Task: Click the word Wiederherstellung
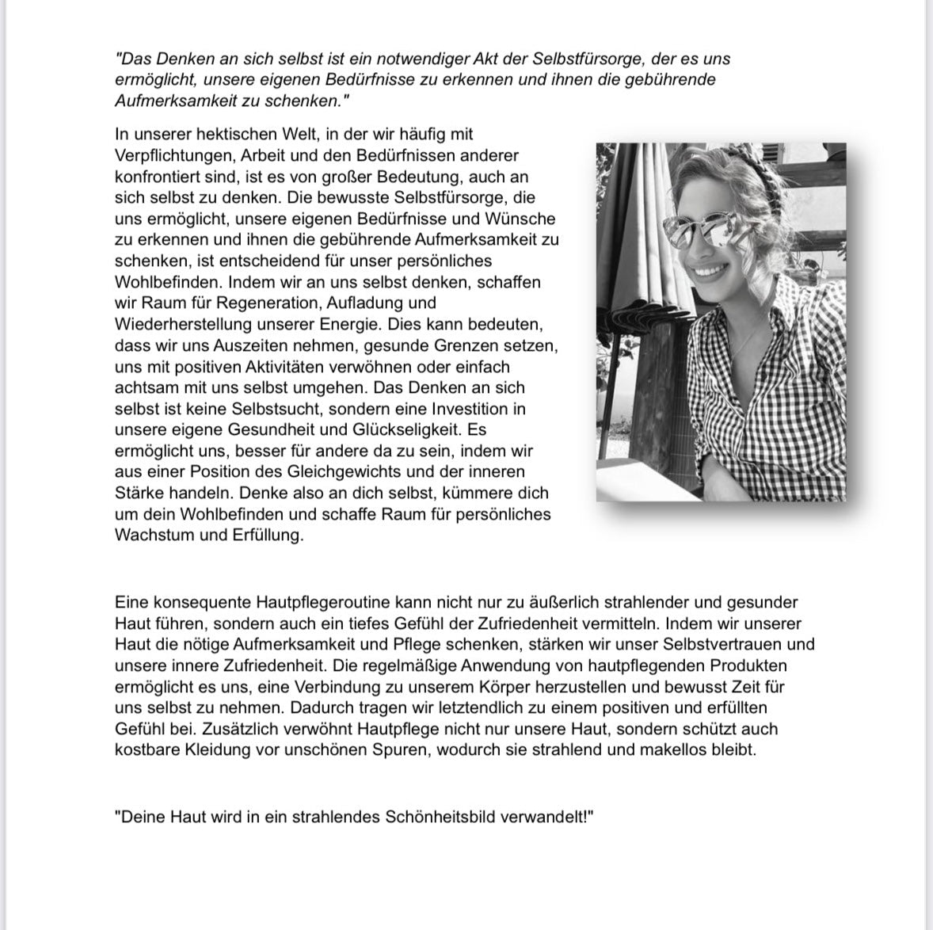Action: (x=183, y=324)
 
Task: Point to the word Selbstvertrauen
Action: (x=702, y=645)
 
